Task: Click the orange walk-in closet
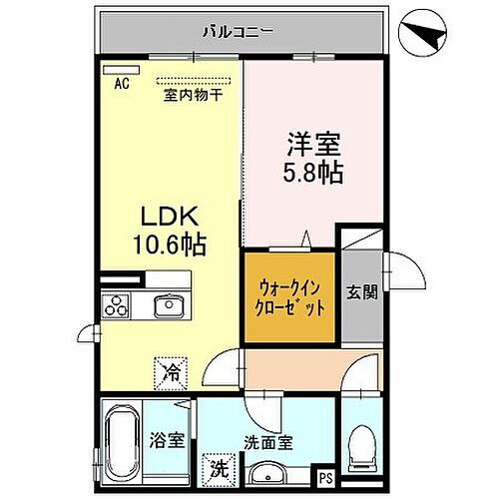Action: [288, 297]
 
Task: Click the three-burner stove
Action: [121, 305]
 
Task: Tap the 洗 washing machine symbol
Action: [218, 466]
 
